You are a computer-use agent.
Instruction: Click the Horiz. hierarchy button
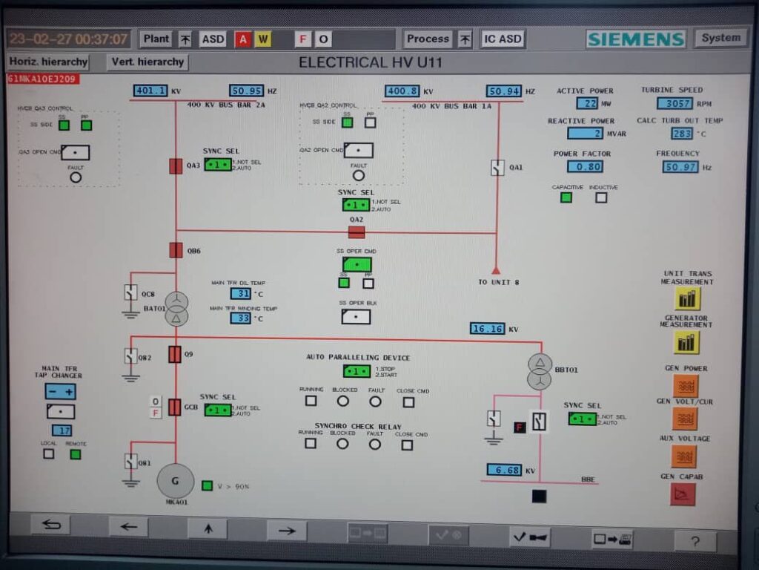[48, 62]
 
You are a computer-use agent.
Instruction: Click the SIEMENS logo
[636, 39]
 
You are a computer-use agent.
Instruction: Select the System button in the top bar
[720, 38]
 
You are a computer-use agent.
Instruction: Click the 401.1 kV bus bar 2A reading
[150, 91]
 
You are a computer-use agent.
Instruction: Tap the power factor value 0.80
[585, 166]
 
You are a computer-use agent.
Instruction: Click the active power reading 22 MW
[587, 103]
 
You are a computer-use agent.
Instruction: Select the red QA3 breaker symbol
[176, 166]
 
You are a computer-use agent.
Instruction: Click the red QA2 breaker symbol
[357, 232]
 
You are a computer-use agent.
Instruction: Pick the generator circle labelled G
[176, 481]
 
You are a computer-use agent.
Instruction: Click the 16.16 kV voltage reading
[488, 328]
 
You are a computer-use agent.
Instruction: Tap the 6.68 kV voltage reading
[504, 469]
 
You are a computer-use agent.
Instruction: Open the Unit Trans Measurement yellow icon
[687, 298]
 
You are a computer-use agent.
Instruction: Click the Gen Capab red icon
[683, 494]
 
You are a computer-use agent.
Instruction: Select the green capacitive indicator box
[566, 197]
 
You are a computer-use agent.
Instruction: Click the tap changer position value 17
[61, 430]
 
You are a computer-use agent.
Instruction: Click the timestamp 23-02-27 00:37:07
[68, 39]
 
